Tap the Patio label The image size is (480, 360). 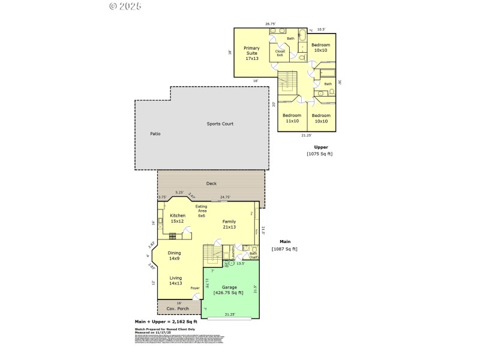pos(155,134)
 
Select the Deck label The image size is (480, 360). pos(211,184)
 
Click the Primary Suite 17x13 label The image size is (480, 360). pos(251,53)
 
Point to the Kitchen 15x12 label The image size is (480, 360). pos(178,218)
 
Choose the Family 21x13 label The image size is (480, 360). pos(229,224)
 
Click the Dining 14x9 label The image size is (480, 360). pos(175,256)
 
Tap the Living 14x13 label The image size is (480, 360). pos(175,281)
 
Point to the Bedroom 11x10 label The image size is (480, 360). pos(292,118)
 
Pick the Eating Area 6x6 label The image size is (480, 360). pos(202,211)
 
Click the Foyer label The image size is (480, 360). pos(195,288)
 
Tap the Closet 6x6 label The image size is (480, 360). pos(280,53)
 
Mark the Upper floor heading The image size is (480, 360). pos(321,147)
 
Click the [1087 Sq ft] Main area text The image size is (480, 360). pos(284,249)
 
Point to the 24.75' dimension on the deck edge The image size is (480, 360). pos(225,197)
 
